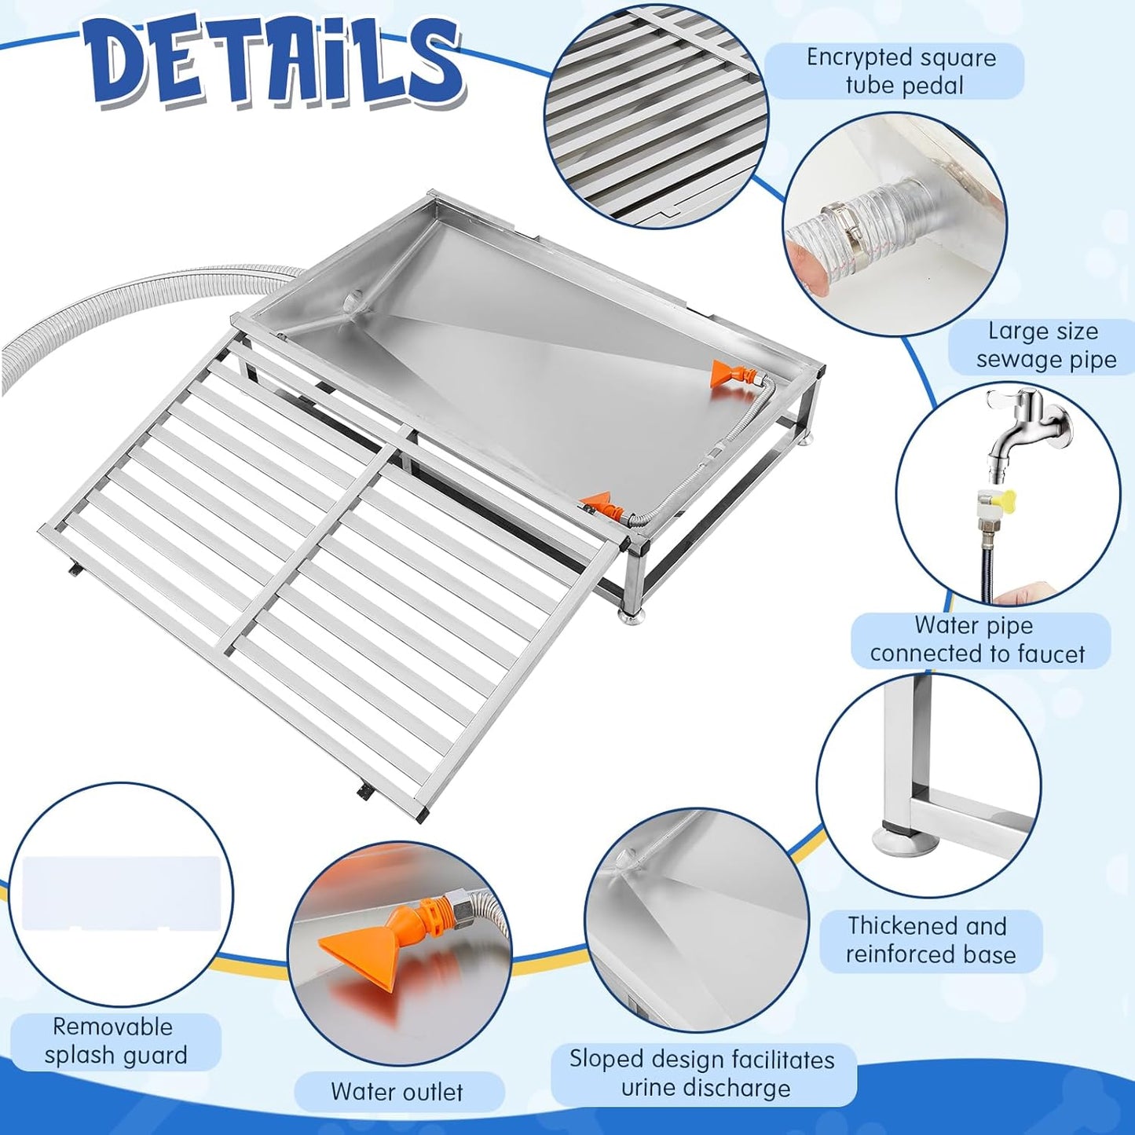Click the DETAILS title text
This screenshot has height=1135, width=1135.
pyautogui.click(x=275, y=67)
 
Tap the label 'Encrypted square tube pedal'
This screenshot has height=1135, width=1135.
pyautogui.click(x=902, y=71)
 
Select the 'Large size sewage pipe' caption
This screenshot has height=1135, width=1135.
pyautogui.click(x=1045, y=346)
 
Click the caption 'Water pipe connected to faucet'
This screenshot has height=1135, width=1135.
pyautogui.click(x=977, y=639)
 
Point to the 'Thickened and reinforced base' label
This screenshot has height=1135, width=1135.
pyautogui.click(x=930, y=939)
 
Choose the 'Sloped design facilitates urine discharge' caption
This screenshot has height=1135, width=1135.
pyautogui.click(x=702, y=1074)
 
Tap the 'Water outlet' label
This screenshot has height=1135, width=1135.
pyautogui.click(x=397, y=1092)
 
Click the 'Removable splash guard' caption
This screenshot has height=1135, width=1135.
pyautogui.click(x=116, y=1041)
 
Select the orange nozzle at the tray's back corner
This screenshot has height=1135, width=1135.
pyautogui.click(x=727, y=373)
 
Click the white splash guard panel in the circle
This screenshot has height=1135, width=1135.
pyautogui.click(x=122, y=893)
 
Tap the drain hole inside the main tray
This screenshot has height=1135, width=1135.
pyautogui.click(x=354, y=299)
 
